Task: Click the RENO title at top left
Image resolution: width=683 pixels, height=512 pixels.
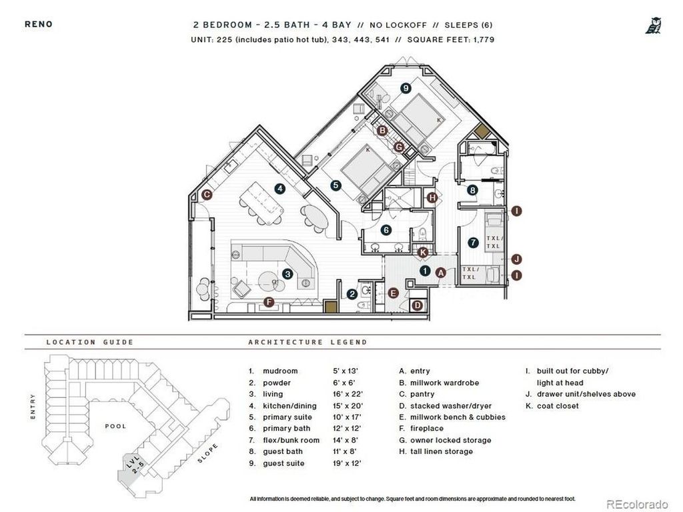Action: pos(39,25)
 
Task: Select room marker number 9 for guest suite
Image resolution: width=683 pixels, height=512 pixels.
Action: pos(405,88)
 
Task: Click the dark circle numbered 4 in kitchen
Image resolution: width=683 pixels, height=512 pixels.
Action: pos(280,189)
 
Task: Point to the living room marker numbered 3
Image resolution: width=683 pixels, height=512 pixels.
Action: pos(287,273)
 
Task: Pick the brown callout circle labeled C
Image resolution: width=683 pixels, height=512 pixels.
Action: pos(207,195)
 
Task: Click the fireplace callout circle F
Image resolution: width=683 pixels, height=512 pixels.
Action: pos(269,302)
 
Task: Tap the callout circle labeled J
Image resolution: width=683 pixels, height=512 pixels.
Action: pos(517,259)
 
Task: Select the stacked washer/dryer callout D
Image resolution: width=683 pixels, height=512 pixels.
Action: pos(417,306)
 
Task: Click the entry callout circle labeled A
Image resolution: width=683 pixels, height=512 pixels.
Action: pos(440,272)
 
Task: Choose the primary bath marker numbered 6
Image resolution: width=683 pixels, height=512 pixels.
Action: pos(386,230)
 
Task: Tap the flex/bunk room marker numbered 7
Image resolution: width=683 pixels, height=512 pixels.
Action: pos(473,243)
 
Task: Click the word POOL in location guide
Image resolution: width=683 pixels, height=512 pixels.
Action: pos(115,426)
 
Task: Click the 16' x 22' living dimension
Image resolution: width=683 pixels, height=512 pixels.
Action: pos(346,394)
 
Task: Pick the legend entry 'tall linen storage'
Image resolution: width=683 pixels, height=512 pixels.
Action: pos(436,451)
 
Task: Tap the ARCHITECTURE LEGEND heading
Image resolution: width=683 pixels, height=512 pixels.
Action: pos(307,342)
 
